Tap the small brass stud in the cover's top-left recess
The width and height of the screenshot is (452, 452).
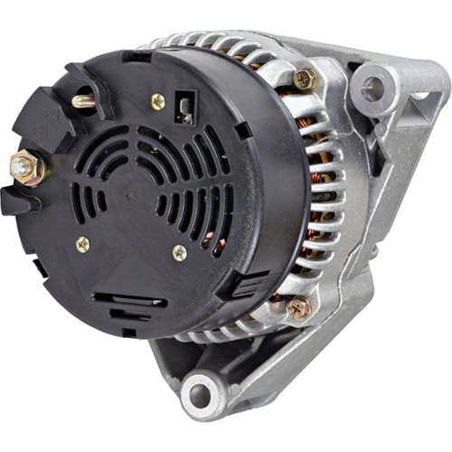click(84, 101)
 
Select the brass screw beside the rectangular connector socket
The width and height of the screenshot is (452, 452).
click(158, 101)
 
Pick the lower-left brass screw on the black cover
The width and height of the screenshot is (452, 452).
click(83, 243)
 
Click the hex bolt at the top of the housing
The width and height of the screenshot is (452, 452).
click(304, 80)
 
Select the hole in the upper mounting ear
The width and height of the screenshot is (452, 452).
click(372, 87)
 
